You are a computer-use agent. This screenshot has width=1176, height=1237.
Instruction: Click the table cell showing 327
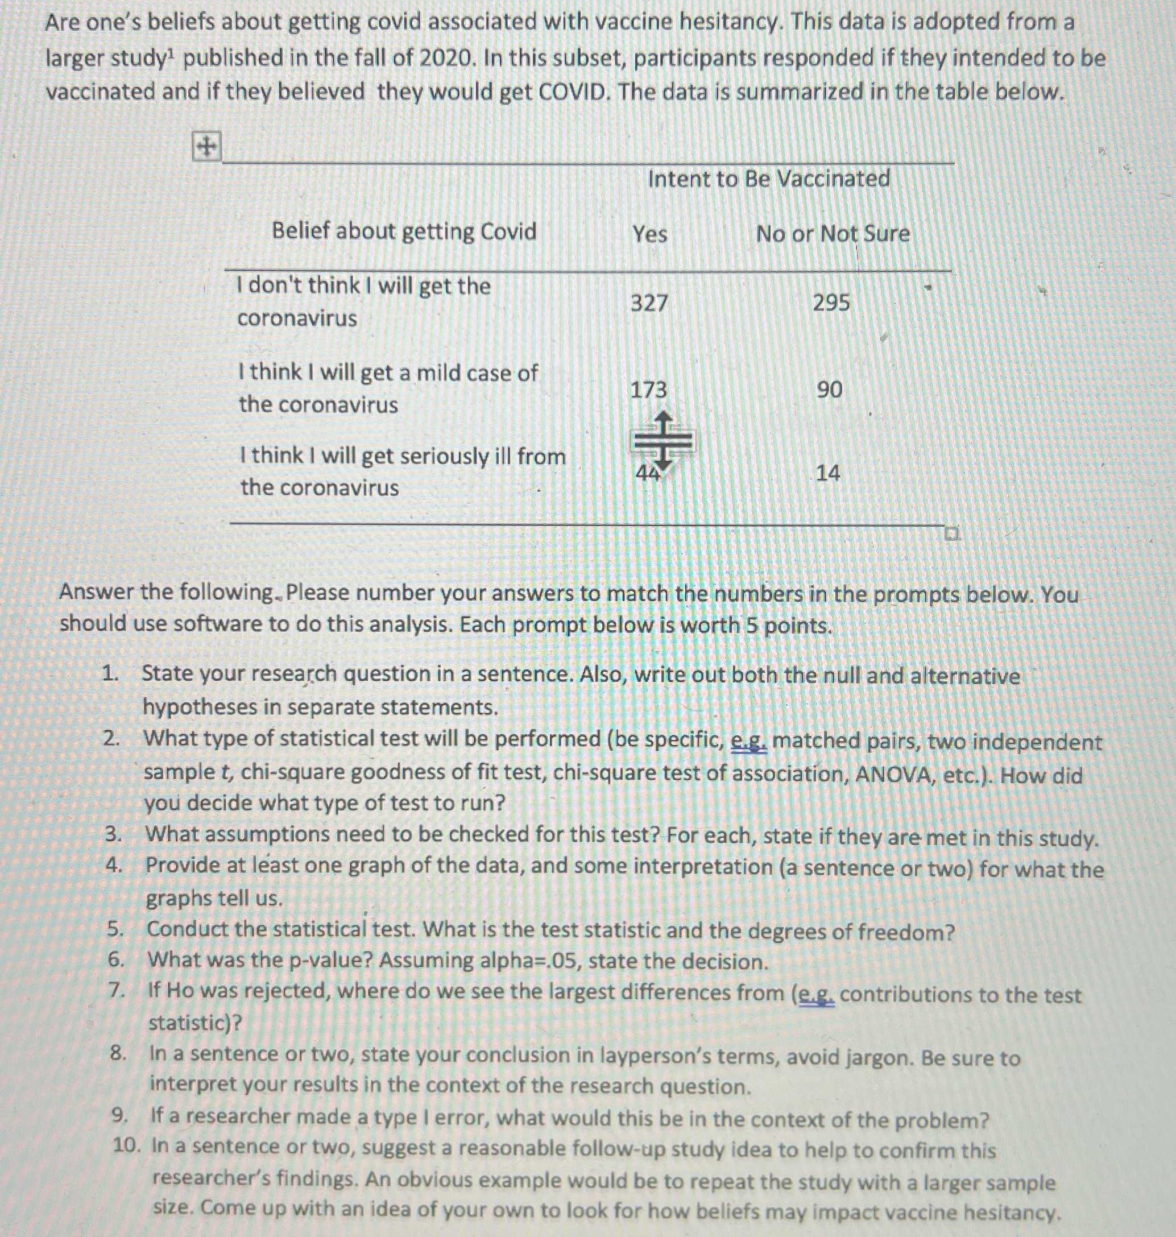point(649,304)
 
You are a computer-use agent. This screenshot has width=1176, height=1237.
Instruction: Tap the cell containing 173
point(648,390)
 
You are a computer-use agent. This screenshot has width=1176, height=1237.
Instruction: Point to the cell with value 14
point(827,473)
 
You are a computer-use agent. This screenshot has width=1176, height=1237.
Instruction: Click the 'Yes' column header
point(649,234)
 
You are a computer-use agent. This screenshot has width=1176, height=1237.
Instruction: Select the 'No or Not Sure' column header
point(833,234)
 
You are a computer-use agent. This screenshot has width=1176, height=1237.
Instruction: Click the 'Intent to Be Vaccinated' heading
point(768,179)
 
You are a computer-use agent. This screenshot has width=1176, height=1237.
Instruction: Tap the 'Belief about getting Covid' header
point(404,231)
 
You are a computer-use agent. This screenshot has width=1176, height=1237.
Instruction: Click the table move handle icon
point(206,147)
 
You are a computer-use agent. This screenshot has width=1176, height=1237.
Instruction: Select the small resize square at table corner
point(952,535)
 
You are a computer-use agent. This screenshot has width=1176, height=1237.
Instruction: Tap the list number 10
point(127,1146)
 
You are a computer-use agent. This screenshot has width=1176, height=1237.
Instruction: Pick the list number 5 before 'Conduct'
point(114,929)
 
